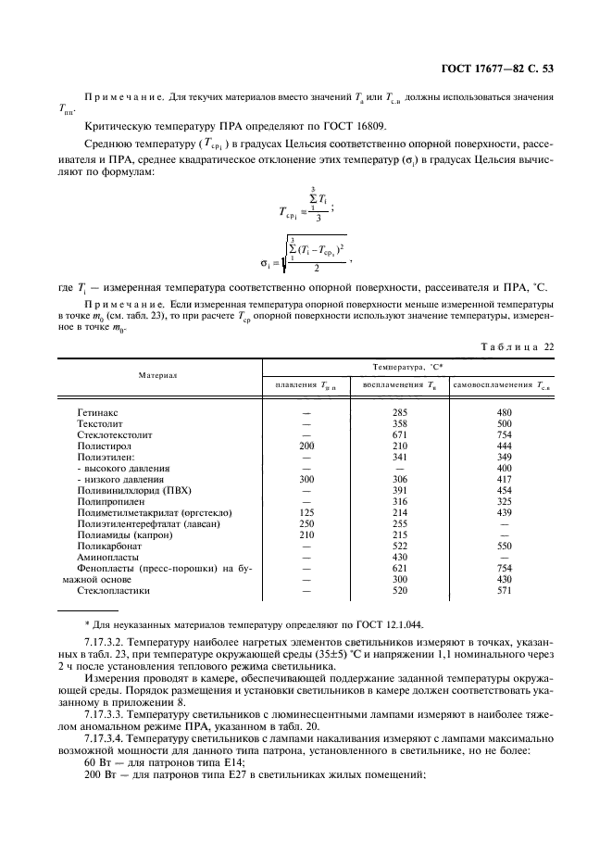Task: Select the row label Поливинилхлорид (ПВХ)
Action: point(131,491)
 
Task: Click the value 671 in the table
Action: point(400,433)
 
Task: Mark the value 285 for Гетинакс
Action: point(400,411)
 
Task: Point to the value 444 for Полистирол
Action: point(504,445)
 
